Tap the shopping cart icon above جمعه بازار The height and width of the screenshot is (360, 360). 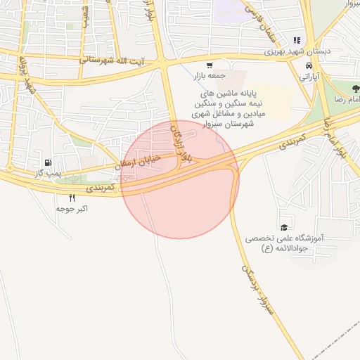click(x=209, y=65)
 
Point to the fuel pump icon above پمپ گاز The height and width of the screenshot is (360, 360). click(x=48, y=162)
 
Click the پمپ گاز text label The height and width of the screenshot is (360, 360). click(x=48, y=172)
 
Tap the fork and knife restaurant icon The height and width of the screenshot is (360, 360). click(x=72, y=198)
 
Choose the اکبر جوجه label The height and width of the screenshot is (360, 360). click(x=72, y=209)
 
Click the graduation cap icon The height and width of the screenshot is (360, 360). click(x=283, y=227)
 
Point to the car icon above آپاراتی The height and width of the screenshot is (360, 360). click(x=309, y=65)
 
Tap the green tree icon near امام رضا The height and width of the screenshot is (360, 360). click(x=354, y=89)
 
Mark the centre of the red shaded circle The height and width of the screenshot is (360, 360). click(x=180, y=179)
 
